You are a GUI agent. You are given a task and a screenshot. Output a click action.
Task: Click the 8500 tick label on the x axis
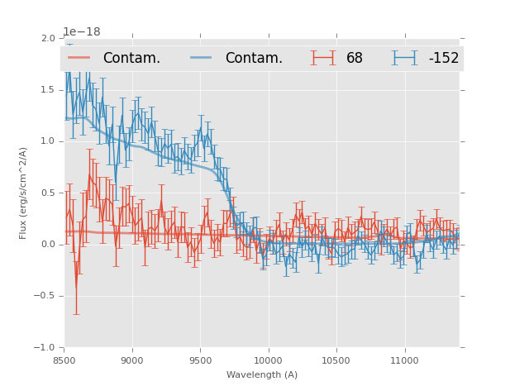coord(64,360)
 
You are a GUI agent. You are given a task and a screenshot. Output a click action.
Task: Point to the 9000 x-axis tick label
coord(132,360)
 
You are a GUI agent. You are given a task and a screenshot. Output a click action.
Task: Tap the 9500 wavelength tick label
coord(200,360)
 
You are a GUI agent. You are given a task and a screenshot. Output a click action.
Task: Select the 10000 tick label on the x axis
coord(268,360)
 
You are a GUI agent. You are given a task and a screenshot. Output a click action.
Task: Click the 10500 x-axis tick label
coord(336,360)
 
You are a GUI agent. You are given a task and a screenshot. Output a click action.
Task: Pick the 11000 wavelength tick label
coord(403,360)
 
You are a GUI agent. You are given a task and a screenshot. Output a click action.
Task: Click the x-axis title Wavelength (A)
coord(262,374)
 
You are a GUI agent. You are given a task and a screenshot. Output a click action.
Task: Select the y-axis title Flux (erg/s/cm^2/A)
coord(24,193)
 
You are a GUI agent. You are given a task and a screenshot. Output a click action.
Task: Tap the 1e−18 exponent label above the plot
coord(82,32)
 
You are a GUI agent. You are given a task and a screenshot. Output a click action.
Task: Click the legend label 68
coord(355,59)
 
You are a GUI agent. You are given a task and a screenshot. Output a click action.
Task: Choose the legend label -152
coord(443,59)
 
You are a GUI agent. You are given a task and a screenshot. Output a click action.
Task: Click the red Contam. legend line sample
coord(79,58)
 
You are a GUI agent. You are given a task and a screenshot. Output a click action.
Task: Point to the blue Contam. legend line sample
coord(202,58)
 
